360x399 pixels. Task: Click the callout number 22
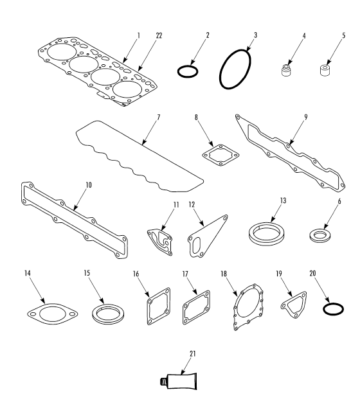[x=159, y=35]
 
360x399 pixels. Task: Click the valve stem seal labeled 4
[x=287, y=70]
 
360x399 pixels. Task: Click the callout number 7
[x=158, y=118]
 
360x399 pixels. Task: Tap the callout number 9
[x=306, y=117]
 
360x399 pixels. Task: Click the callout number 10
[x=88, y=185]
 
